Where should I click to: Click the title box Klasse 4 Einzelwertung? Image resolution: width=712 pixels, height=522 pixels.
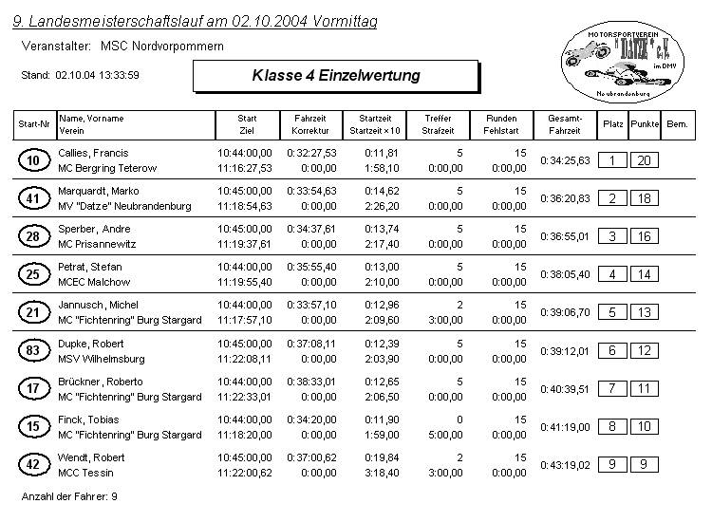click(x=335, y=75)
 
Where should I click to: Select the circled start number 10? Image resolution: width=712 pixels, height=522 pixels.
click(x=33, y=160)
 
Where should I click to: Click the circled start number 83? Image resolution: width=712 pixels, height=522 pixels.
click(x=33, y=351)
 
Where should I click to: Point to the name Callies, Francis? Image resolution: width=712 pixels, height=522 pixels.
click(x=93, y=153)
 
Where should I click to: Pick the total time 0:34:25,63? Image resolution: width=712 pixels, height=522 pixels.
click(x=565, y=160)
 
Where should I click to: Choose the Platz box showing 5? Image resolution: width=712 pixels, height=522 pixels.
click(x=612, y=312)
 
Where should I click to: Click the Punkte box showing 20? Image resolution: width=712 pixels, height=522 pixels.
click(x=644, y=160)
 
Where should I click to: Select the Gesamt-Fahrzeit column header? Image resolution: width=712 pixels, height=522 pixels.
click(x=565, y=124)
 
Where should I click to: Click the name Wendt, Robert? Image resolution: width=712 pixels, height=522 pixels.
click(x=91, y=457)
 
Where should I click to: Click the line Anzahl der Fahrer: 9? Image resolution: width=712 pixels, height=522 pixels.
click(x=69, y=496)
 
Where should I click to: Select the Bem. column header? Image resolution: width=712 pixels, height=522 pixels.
click(x=677, y=124)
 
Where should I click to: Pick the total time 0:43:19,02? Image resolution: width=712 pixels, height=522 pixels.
click(x=565, y=465)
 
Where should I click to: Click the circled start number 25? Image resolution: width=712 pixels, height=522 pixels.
click(x=33, y=275)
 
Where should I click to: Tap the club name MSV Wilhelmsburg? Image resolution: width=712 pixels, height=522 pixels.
click(x=102, y=359)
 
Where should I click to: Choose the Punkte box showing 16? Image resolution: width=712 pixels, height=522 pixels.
click(x=644, y=236)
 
